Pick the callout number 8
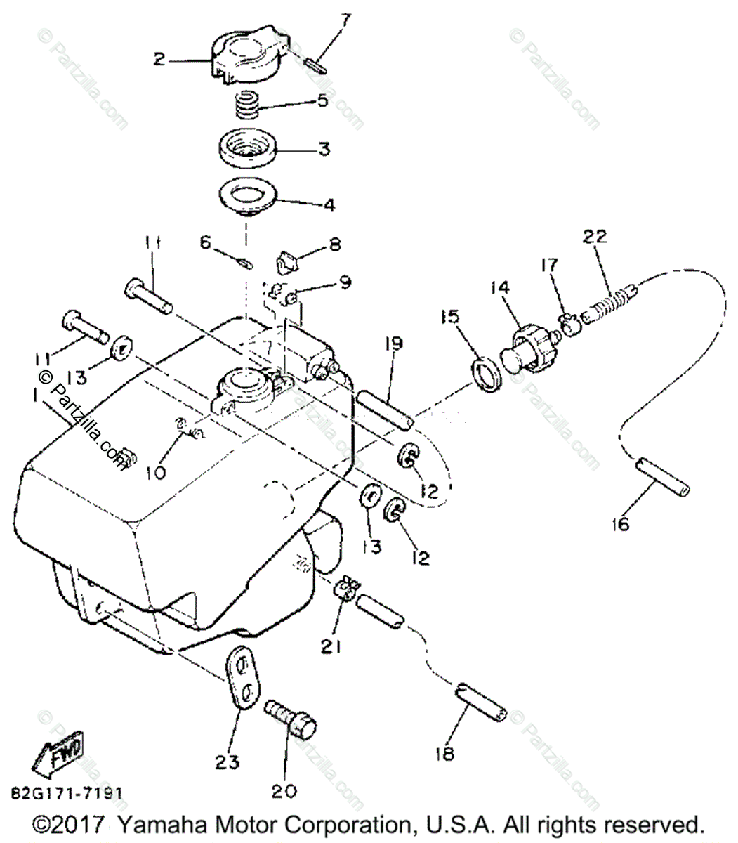click(x=335, y=244)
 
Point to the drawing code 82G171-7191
click(x=67, y=792)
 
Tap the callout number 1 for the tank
click(x=34, y=396)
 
